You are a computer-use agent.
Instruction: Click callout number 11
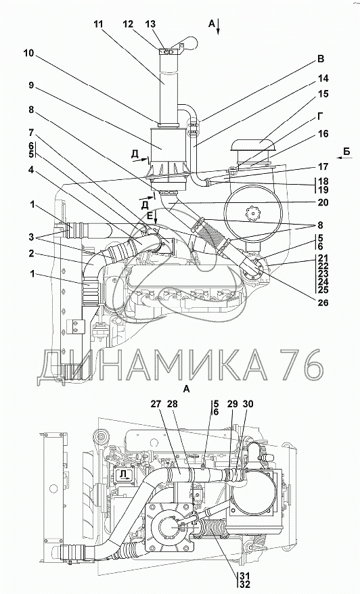click(x=97, y=24)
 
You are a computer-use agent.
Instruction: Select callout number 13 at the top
click(x=150, y=24)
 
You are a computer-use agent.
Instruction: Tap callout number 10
click(x=28, y=53)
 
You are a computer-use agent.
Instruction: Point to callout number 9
click(x=31, y=86)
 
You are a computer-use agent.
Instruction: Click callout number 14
click(x=323, y=78)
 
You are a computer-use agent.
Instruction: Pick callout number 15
click(x=323, y=93)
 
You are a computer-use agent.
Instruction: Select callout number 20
click(x=323, y=203)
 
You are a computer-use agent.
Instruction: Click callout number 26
click(x=323, y=302)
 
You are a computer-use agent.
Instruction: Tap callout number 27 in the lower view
click(x=156, y=404)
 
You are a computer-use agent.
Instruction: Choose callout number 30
click(x=248, y=404)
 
